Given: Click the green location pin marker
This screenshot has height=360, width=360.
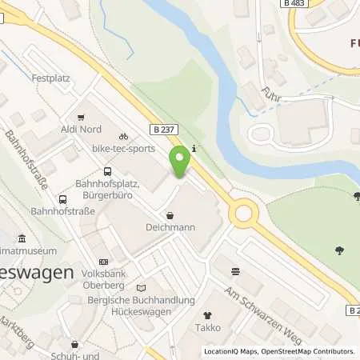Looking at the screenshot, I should [180, 162].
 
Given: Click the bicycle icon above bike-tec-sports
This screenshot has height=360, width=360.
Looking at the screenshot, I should [123, 137].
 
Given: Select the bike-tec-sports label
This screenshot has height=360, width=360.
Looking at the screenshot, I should [122, 150].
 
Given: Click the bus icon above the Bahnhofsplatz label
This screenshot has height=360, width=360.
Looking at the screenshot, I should [108, 170].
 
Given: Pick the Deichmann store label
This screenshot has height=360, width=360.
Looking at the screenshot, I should [170, 227].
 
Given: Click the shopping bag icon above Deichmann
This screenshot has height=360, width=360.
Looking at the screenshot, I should [170, 214].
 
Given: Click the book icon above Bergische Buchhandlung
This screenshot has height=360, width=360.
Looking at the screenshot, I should [142, 288].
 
